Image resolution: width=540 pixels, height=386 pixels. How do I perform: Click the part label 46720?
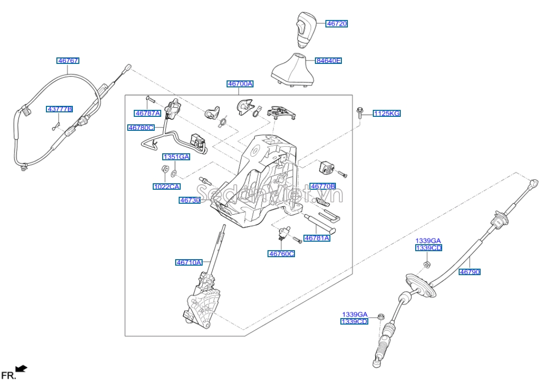point(337,23)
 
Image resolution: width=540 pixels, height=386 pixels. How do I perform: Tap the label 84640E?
point(328,61)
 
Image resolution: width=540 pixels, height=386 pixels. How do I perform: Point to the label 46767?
point(68,61)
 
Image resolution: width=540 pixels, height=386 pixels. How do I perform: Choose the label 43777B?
point(60,109)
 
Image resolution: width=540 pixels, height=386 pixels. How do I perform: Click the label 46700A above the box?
point(240,84)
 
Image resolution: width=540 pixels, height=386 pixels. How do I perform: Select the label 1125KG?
point(387,114)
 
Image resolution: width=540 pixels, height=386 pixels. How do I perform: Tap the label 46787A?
point(148,113)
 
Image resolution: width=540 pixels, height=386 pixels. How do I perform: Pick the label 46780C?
point(141,128)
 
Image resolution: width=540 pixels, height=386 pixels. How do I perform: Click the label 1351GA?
point(176,157)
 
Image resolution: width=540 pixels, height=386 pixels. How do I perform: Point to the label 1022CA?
point(166,187)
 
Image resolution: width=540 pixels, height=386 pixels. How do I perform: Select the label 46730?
point(190,200)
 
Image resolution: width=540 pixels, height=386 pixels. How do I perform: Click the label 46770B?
point(323,186)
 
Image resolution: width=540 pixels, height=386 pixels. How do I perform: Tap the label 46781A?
point(317,238)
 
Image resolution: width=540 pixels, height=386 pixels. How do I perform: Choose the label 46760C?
point(281,254)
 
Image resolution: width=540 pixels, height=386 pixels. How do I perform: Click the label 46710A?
point(189,262)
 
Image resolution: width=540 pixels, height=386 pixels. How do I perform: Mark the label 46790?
point(470,272)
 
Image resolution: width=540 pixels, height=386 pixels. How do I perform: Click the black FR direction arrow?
point(21,369)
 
